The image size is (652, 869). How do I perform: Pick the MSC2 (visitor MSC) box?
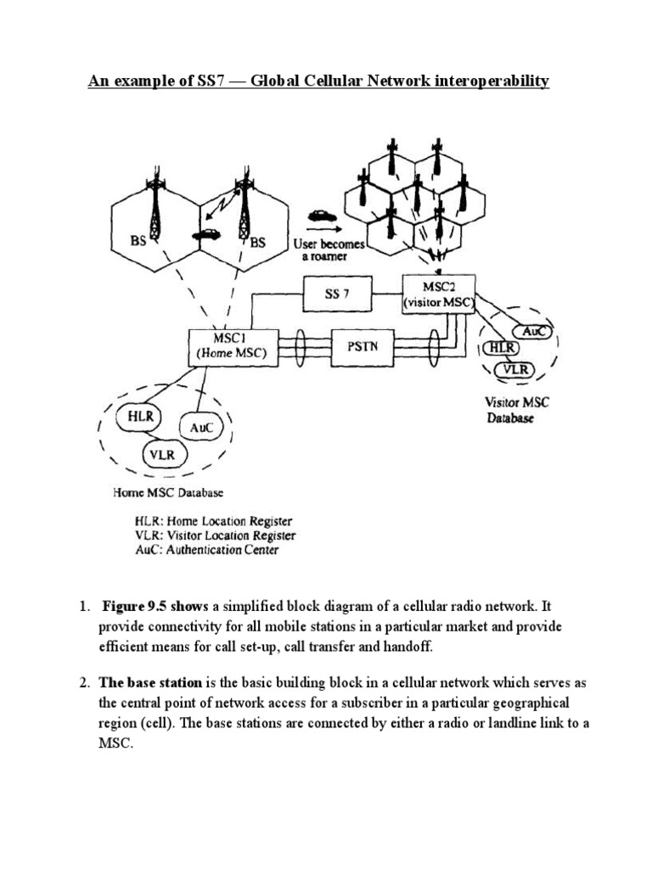point(440,294)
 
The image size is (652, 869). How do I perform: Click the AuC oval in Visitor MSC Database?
point(532,333)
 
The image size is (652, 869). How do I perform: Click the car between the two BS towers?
point(205,233)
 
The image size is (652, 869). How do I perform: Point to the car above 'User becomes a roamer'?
point(321,215)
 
